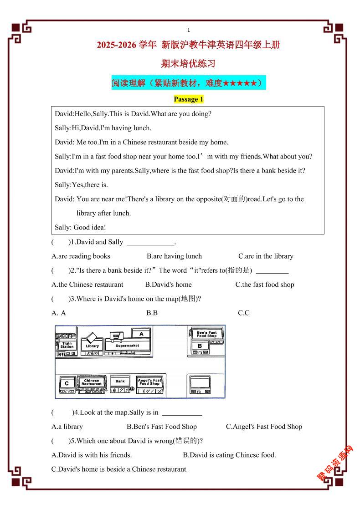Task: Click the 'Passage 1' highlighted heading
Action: pyautogui.click(x=188, y=99)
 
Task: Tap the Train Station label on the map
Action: pyautogui.click(x=67, y=346)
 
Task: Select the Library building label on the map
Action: pyautogui.click(x=92, y=346)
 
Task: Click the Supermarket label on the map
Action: pyautogui.click(x=127, y=346)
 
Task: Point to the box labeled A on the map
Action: pyautogui.click(x=142, y=334)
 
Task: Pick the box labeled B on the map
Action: pyautogui.click(x=200, y=346)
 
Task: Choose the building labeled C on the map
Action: pyautogui.click(x=67, y=384)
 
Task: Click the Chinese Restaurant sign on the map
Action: pyautogui.click(x=92, y=382)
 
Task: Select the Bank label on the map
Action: pyautogui.click(x=120, y=382)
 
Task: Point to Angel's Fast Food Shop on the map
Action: pyautogui.click(x=150, y=382)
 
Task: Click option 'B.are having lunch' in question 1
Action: pyautogui.click(x=174, y=256)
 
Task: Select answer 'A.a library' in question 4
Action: pyautogui.click(x=67, y=427)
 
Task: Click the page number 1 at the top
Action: pyautogui.click(x=189, y=30)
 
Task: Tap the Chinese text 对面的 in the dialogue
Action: pyautogui.click(x=233, y=199)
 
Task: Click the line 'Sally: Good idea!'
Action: pyautogui.click(x=80, y=227)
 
